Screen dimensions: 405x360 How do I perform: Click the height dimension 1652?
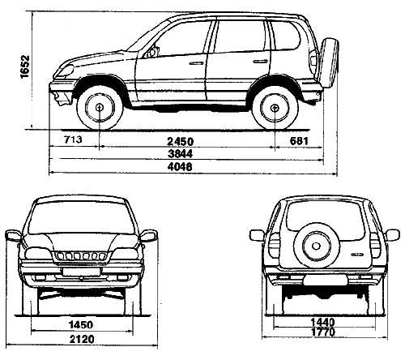pyautogui.click(x=24, y=66)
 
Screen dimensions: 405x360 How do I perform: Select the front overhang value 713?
pyautogui.click(x=73, y=139)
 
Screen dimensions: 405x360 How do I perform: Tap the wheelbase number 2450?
pyautogui.click(x=181, y=141)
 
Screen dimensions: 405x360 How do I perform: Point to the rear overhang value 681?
pyautogui.click(x=299, y=141)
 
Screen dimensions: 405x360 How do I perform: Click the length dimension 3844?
pyautogui.click(x=181, y=153)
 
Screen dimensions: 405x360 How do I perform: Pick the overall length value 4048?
pyautogui.click(x=180, y=166)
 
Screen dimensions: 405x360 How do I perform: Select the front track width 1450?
pyautogui.click(x=81, y=324)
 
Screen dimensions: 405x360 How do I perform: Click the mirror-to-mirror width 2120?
pyautogui.click(x=82, y=339)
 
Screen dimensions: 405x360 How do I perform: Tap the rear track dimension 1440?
pyautogui.click(x=322, y=322)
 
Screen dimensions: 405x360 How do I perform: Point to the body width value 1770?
pyautogui.click(x=323, y=332)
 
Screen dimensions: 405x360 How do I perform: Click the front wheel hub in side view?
pyautogui.click(x=100, y=107)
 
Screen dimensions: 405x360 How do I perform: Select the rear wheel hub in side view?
pyautogui.click(x=275, y=108)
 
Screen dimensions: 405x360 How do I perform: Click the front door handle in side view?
pyautogui.click(x=196, y=63)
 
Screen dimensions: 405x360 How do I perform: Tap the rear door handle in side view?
pyautogui.click(x=261, y=62)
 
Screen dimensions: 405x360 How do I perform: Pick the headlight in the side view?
pyautogui.click(x=66, y=71)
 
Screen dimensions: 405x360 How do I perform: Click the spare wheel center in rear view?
pyautogui.click(x=316, y=246)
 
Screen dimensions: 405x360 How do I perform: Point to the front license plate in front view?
pyautogui.click(x=81, y=272)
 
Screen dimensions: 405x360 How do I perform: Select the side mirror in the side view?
pyautogui.click(x=152, y=52)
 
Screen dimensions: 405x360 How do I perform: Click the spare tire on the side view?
pyautogui.click(x=330, y=62)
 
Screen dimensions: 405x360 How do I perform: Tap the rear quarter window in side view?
pyautogui.click(x=285, y=36)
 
